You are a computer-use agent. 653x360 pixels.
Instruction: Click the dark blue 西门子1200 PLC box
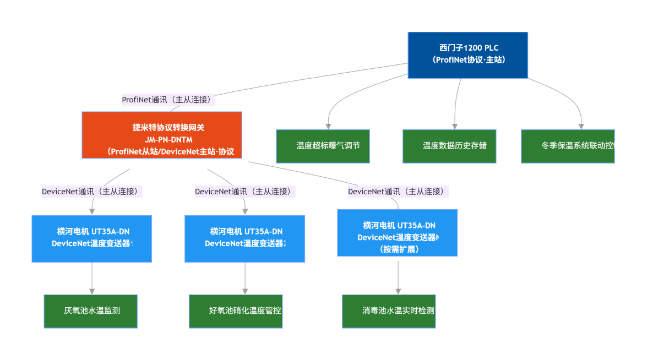click(467, 55)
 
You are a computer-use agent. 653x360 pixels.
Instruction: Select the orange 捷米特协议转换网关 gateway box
click(162, 135)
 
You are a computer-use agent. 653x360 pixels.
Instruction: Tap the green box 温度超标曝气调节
click(323, 146)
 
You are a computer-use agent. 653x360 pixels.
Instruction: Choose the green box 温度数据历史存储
click(449, 146)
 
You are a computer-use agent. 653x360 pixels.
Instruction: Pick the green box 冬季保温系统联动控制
click(568, 146)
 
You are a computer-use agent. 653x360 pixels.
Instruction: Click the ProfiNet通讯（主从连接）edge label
click(168, 100)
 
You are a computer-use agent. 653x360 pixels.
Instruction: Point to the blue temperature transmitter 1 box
click(92, 238)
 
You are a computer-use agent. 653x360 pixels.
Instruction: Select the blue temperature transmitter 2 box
click(244, 238)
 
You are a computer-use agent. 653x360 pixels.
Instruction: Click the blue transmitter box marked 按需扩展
click(397, 232)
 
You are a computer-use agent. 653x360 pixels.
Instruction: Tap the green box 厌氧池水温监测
click(91, 311)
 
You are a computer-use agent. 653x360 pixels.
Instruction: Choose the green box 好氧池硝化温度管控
click(236, 311)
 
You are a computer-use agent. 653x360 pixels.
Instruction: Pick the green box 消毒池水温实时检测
click(389, 311)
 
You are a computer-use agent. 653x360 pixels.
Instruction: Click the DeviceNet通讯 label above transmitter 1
click(92, 192)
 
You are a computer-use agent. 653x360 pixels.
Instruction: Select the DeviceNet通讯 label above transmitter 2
click(245, 192)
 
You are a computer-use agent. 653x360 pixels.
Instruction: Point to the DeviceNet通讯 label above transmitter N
click(398, 192)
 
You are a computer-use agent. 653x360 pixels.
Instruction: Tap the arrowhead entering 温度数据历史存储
click(455, 126)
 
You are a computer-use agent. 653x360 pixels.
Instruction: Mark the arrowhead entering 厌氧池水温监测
click(92, 291)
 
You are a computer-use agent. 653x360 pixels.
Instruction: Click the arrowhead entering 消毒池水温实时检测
click(398, 291)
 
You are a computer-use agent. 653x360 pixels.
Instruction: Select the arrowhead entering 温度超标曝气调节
click(329, 126)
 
